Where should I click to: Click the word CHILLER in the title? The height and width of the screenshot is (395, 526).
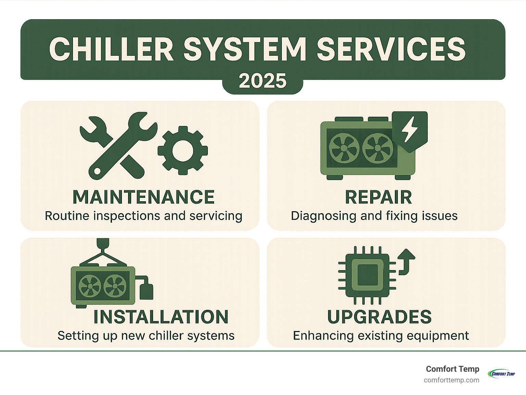click(x=111, y=49)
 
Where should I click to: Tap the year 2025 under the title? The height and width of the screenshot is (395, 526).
click(x=263, y=81)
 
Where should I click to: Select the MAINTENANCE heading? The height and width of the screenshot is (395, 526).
click(x=143, y=197)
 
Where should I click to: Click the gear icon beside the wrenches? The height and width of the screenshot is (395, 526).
click(x=183, y=150)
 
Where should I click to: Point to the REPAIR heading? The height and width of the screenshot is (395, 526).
click(x=378, y=197)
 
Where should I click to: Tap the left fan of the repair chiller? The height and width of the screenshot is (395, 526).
click(x=344, y=148)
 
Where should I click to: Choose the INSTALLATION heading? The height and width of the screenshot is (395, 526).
click(x=161, y=317)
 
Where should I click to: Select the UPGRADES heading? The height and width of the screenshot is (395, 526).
click(x=379, y=317)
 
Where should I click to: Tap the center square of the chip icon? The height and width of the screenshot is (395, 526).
click(x=367, y=275)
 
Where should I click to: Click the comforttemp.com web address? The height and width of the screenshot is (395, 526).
click(x=451, y=380)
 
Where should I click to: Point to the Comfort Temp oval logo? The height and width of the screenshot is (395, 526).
click(x=502, y=373)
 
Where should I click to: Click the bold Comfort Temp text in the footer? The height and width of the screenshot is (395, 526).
click(x=452, y=369)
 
